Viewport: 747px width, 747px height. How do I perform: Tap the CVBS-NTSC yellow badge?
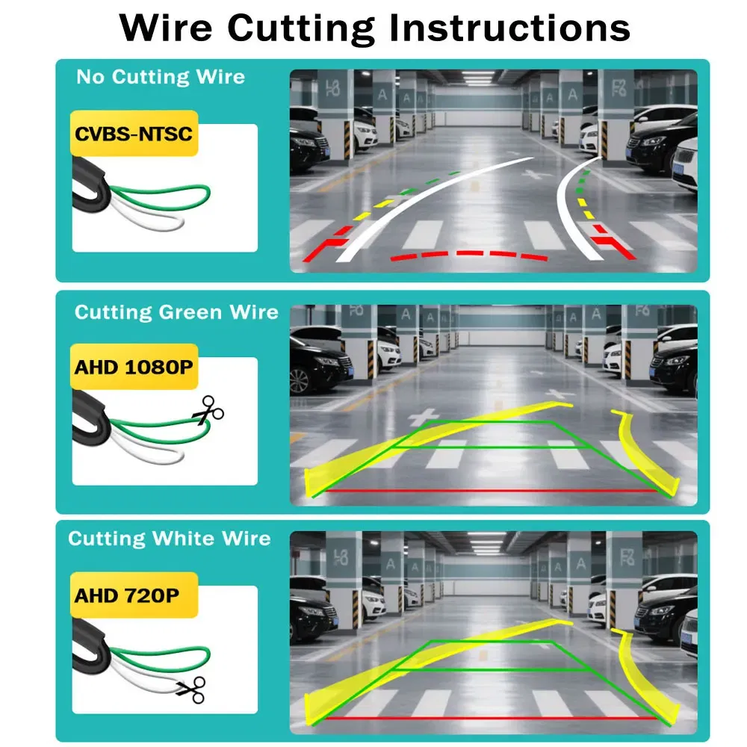pos(134,134)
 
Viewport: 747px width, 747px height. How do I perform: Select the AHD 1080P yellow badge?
pos(134,367)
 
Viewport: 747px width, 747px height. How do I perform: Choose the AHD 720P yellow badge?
pos(125,595)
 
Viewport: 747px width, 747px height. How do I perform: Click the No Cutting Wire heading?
pos(161,77)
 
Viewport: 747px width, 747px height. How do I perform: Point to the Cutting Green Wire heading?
pos(176,311)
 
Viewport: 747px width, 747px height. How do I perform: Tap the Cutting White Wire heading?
pos(170,539)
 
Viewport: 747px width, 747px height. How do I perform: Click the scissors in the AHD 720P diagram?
pos(191,689)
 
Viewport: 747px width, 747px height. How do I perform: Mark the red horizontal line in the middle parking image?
pos(489,491)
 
